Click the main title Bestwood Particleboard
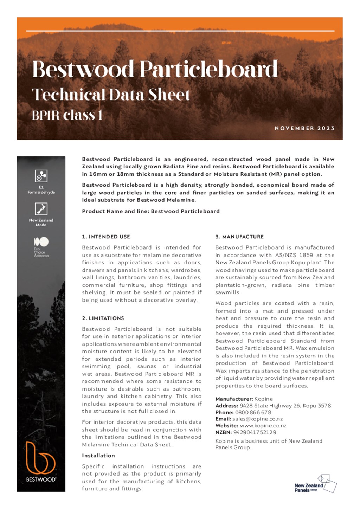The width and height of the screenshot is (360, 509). [x=155, y=69]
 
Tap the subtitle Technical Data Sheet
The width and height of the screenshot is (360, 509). [x=111, y=95]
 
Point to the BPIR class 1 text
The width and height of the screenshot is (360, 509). [x=67, y=115]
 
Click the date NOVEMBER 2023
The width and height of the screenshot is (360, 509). [x=304, y=128]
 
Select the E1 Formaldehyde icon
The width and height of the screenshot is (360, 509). [x=41, y=176]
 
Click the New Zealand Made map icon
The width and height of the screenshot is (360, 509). [x=41, y=209]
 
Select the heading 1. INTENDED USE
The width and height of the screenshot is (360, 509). [x=106, y=237]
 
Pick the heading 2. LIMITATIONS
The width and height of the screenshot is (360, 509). [x=103, y=318]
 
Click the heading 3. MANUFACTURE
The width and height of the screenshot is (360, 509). [x=239, y=237]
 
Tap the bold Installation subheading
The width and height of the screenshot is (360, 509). [x=98, y=456]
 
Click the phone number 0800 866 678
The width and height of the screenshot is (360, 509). [x=253, y=412]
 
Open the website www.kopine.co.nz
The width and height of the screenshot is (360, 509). [x=263, y=426]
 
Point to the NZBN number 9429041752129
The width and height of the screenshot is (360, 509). [x=255, y=432]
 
